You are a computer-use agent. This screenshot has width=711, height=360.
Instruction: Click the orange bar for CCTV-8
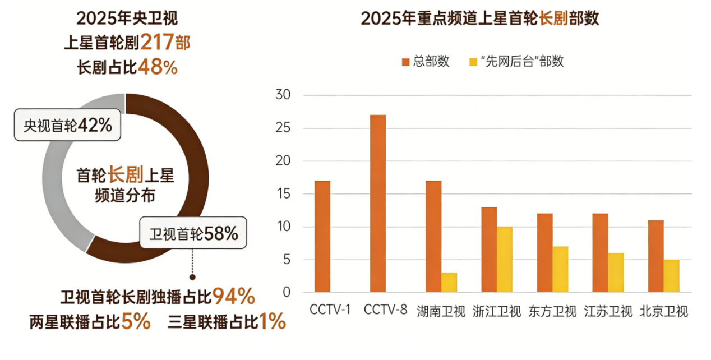pos(377,203)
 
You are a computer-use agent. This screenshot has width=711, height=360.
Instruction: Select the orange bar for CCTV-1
pos(322,236)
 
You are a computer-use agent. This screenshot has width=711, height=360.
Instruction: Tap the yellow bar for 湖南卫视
pos(449,282)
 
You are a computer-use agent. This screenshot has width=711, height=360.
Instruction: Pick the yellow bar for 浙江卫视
pos(505,259)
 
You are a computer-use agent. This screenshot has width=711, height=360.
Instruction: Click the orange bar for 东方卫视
pos(544,252)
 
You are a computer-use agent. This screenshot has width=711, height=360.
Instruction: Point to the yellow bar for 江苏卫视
pos(616,272)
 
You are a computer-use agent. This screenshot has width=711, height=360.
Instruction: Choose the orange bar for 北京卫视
pos(655,256)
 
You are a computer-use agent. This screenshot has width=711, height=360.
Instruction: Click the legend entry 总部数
pos(426,62)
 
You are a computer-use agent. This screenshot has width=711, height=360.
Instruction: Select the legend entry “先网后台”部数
pos(516,62)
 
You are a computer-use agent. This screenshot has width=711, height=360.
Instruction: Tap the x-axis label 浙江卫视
pos(496,311)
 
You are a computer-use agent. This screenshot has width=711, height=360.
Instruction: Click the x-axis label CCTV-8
pos(385,310)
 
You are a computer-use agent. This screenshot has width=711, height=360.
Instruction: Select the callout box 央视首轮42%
pos(68,125)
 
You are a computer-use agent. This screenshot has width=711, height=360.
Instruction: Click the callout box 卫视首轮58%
pos(193,233)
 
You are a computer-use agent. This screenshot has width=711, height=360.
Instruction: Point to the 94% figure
pos(234,295)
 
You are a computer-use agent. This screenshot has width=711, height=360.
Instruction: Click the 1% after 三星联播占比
pos(273,322)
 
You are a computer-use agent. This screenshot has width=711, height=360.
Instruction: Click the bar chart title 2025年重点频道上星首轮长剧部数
pos(480,19)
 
